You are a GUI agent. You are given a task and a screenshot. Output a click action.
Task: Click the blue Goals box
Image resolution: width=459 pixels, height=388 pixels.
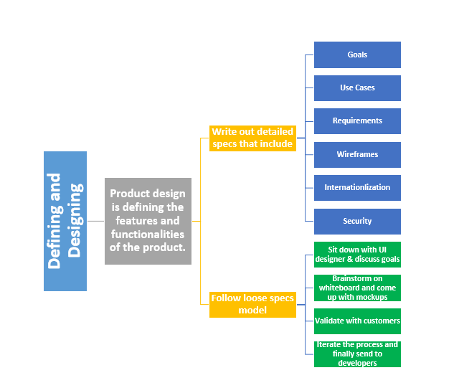click(x=357, y=55)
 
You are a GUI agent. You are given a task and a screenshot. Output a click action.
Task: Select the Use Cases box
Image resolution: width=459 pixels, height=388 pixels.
click(x=357, y=88)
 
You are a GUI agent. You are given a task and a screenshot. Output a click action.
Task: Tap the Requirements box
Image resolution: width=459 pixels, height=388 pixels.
click(x=357, y=121)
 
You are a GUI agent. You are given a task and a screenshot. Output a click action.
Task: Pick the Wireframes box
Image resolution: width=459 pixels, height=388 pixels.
click(x=357, y=154)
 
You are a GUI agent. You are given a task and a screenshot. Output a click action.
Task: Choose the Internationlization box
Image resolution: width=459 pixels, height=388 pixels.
click(x=357, y=188)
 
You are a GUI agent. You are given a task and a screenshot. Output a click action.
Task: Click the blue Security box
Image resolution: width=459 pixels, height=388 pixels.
click(x=357, y=221)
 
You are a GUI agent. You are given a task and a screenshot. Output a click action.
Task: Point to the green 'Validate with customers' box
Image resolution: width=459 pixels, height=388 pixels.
click(x=357, y=321)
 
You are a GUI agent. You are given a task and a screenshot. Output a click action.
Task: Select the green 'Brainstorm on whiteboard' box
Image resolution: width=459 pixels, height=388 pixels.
click(x=357, y=288)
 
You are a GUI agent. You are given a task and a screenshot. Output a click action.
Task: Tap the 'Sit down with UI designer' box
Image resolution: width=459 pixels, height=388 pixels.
click(x=357, y=254)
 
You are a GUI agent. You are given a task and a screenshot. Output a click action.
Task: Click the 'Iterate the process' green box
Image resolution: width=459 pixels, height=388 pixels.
click(x=357, y=354)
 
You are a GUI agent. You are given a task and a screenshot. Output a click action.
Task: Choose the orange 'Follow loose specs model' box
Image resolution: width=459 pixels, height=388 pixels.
click(x=252, y=304)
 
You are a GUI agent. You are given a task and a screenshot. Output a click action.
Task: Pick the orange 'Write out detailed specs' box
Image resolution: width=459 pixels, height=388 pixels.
click(x=252, y=138)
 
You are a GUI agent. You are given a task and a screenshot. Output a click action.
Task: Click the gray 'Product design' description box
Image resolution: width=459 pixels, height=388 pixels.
click(x=148, y=221)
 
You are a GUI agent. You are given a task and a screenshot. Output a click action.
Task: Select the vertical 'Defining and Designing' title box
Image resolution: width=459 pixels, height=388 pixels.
click(x=65, y=221)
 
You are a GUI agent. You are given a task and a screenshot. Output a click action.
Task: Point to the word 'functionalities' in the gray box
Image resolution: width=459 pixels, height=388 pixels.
click(x=148, y=235)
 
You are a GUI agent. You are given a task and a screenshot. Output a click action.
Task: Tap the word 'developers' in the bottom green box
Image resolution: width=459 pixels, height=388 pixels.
click(x=357, y=363)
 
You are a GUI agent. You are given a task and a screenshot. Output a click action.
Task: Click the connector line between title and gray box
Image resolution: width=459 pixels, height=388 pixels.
click(x=95, y=221)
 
